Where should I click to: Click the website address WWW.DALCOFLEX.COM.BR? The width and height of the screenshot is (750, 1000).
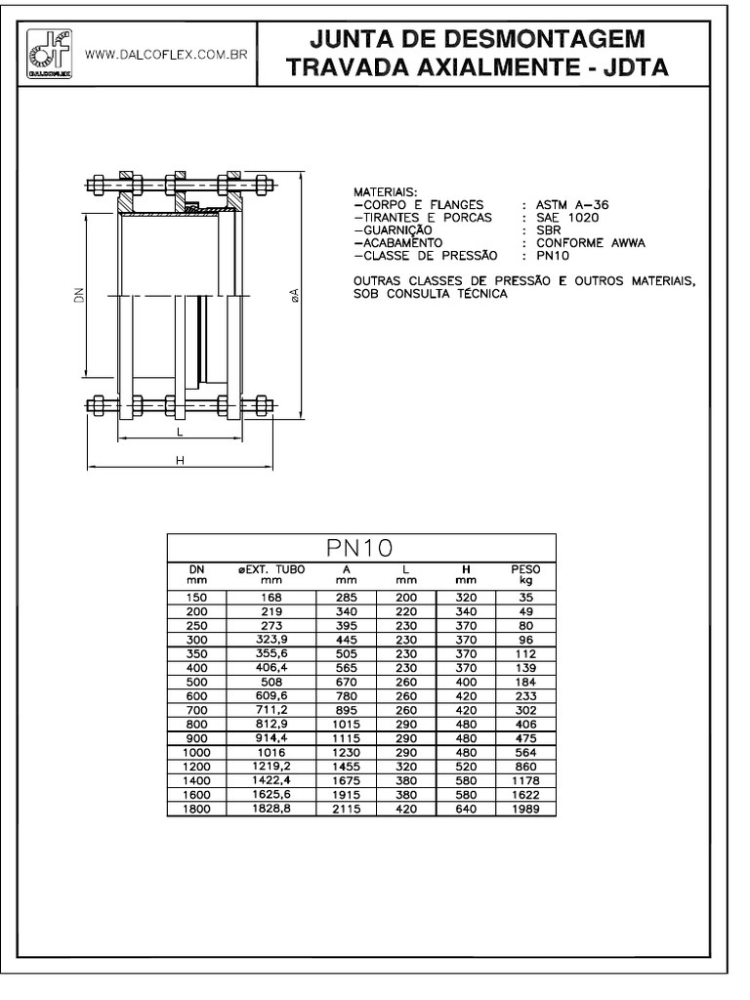click(165, 56)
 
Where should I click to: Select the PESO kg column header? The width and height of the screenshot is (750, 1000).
click(525, 573)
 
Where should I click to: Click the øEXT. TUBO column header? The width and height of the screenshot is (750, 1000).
click(271, 573)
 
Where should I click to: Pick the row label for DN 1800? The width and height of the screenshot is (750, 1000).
click(196, 809)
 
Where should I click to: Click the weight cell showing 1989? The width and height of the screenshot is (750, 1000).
click(525, 809)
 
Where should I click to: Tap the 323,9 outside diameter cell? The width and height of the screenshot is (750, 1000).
click(271, 641)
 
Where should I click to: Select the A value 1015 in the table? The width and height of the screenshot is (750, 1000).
click(346, 725)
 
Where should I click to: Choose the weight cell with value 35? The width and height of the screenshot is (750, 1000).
click(525, 596)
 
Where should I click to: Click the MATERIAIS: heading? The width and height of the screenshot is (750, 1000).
click(386, 192)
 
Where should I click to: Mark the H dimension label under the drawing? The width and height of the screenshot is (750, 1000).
click(180, 460)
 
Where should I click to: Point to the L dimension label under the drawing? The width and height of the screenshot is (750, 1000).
click(180, 430)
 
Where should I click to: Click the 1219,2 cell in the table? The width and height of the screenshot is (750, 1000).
click(271, 767)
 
